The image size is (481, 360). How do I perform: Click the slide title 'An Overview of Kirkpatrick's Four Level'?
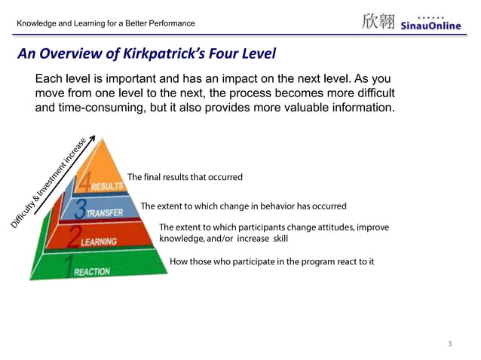coord(147,54)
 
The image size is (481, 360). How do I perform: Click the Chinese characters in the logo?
coord(378,21)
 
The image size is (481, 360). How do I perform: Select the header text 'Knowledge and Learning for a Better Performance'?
coord(106,23)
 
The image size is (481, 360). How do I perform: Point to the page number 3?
coord(450,344)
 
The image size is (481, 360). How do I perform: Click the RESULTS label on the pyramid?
coord(107,186)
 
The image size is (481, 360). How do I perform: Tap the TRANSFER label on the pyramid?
coord(104,213)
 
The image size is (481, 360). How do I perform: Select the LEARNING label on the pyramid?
coord(99,242)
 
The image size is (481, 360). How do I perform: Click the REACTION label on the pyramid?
coord(91,271)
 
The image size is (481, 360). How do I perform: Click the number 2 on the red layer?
coord(74,238)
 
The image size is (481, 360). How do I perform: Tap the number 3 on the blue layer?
coord(80,209)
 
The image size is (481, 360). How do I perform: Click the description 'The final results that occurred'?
coord(185,177)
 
